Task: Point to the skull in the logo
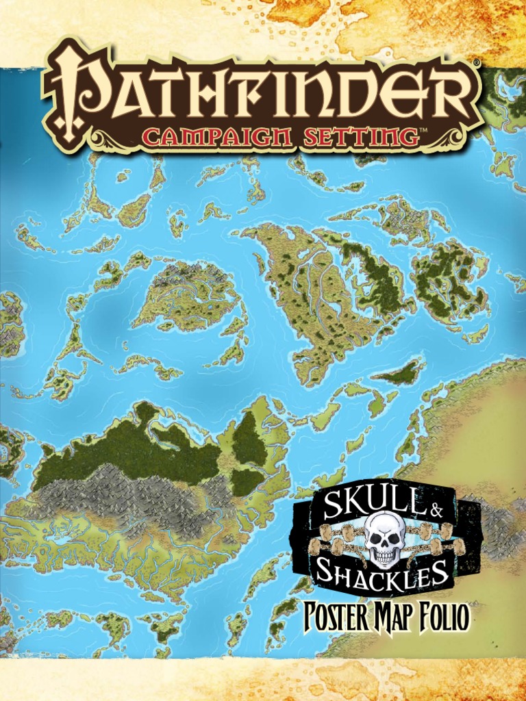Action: [x=384, y=539]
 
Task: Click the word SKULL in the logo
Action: [x=357, y=506]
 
